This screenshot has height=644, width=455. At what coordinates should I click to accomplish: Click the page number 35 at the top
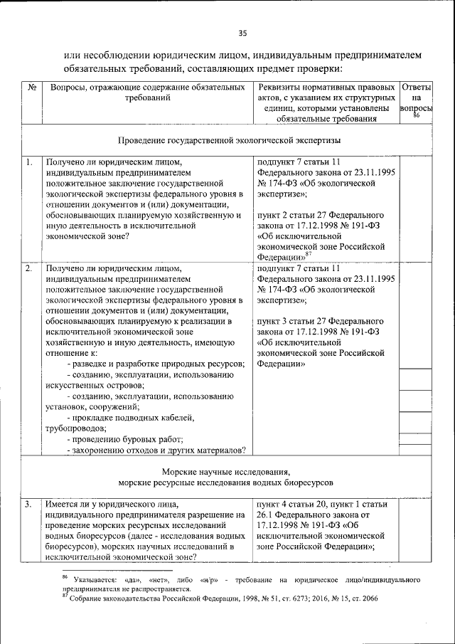(x=242, y=33)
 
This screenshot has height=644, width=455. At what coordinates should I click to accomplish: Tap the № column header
(x=32, y=88)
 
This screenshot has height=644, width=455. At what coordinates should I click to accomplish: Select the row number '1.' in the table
(x=29, y=162)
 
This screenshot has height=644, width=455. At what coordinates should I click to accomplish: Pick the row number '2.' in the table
(x=29, y=269)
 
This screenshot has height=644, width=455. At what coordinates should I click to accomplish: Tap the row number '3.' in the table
(x=29, y=505)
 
